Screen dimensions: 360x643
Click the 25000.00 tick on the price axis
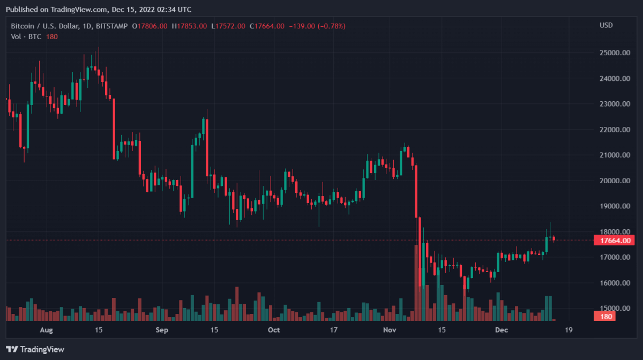point(614,53)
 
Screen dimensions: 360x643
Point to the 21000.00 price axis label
point(614,155)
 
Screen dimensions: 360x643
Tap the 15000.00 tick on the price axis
point(614,309)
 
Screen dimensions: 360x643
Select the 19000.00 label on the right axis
point(614,206)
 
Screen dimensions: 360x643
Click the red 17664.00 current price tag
point(614,241)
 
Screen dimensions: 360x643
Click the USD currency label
point(606,26)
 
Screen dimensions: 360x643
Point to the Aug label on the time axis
point(47,330)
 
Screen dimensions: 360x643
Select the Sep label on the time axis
point(162,330)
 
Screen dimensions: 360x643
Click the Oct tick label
point(274,330)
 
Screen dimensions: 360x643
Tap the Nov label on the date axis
point(390,330)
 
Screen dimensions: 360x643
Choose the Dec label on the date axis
point(501,330)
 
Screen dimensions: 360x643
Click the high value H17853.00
point(190,26)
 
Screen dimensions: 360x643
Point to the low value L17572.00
point(228,26)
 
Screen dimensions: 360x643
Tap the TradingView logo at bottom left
point(35,349)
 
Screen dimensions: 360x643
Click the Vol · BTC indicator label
point(26,36)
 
